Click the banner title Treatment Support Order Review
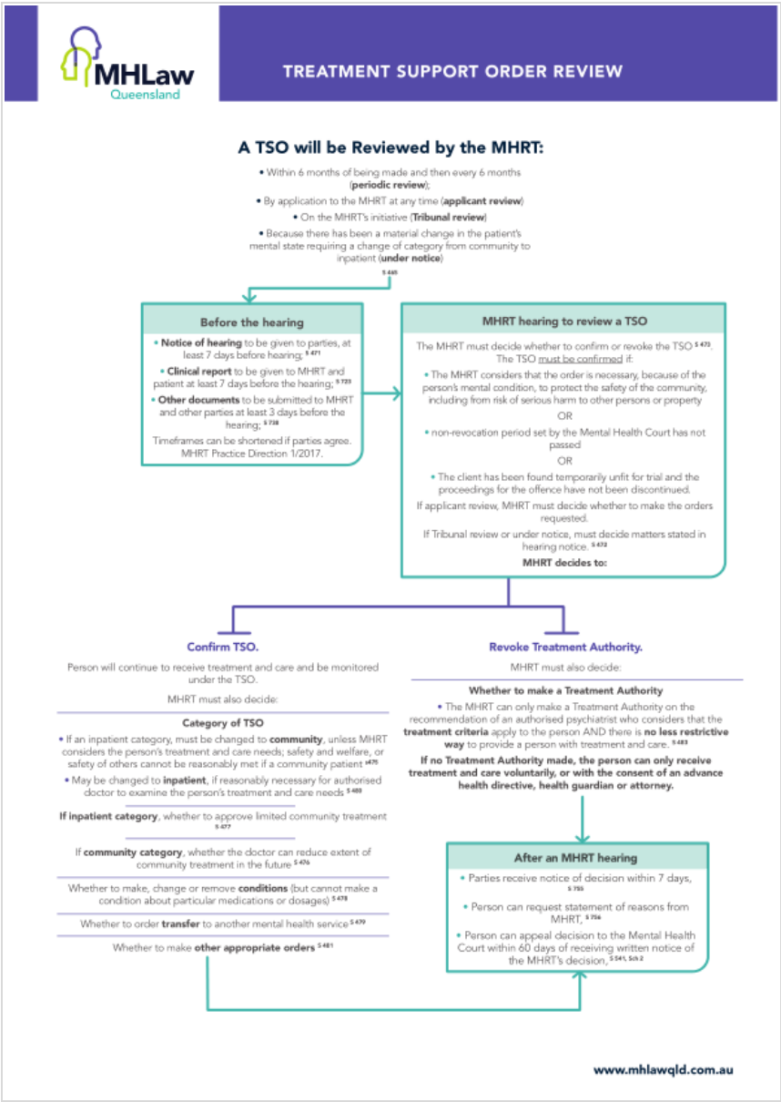click(452, 72)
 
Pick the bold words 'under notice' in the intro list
click(411, 259)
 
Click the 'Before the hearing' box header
click(252, 321)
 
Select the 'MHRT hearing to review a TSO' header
click(563, 321)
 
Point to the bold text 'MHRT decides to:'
click(563, 563)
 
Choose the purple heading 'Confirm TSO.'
click(223, 647)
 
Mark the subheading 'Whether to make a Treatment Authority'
click(565, 691)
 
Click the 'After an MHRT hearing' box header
click(576, 857)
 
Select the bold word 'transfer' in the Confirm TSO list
click(180, 923)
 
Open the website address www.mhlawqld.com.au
click(663, 1070)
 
